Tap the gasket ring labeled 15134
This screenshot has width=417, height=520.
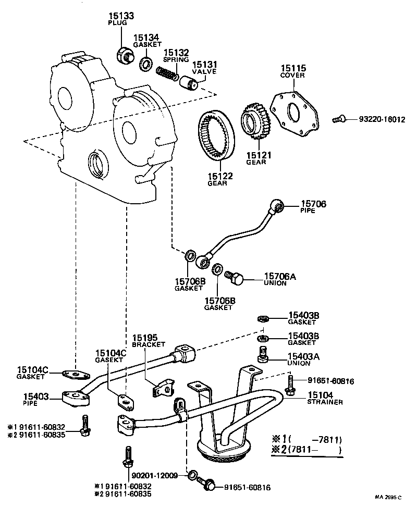[145, 65]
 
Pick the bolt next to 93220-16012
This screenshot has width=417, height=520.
[338, 119]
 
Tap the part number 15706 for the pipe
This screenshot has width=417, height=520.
[313, 204]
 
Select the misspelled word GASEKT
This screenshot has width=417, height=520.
[107, 360]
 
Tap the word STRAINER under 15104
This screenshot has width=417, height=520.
[325, 402]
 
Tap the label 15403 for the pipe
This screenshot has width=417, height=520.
[36, 397]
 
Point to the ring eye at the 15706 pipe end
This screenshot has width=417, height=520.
[279, 208]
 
